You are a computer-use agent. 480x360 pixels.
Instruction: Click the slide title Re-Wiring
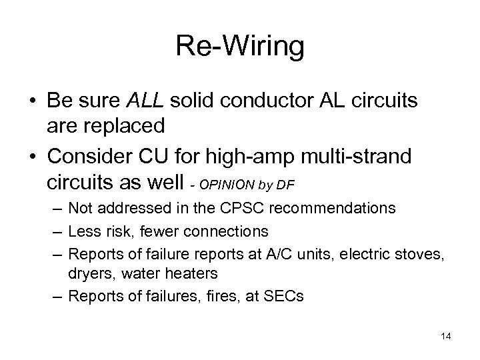coord(239,47)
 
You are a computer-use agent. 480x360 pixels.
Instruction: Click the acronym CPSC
coord(255,209)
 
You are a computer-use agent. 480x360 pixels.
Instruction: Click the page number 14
coord(445,337)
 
